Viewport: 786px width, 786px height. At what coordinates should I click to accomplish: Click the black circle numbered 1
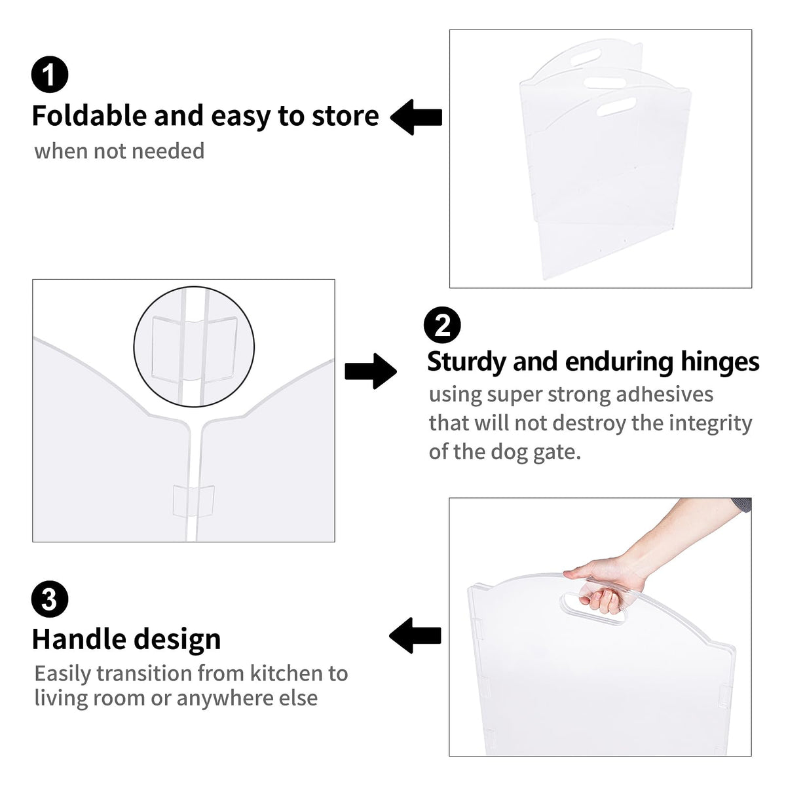[50, 75]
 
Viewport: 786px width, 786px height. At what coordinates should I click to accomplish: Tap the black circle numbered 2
[442, 326]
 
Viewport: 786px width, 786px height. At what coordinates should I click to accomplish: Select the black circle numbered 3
[50, 599]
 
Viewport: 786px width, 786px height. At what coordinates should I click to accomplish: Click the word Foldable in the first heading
[89, 115]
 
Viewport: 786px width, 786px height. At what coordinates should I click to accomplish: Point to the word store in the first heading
[345, 116]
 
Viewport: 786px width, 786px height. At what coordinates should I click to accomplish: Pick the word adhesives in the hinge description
[664, 394]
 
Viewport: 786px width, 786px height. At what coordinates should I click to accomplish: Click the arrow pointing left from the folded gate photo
[416, 117]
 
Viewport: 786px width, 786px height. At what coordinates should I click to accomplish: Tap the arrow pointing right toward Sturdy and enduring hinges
[371, 371]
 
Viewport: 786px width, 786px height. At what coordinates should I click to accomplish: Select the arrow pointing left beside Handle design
[415, 635]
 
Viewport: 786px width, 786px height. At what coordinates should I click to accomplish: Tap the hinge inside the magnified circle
[194, 349]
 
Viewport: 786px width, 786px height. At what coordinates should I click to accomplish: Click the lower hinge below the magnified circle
[193, 501]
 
